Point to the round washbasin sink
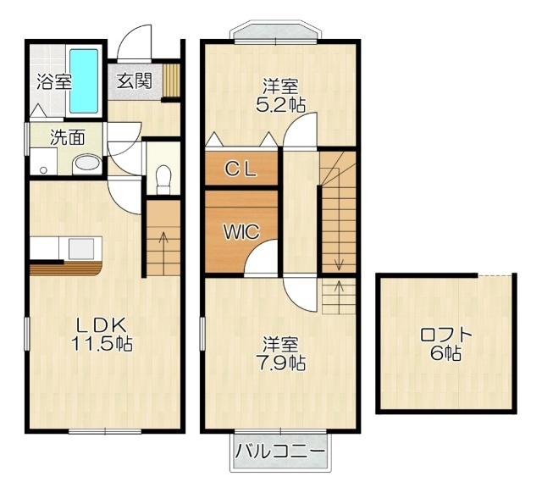[x=85, y=163]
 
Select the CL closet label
[x=241, y=168]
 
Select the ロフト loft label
[x=445, y=335]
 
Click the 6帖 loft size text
[x=445, y=354]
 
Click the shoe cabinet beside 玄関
[x=173, y=81]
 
